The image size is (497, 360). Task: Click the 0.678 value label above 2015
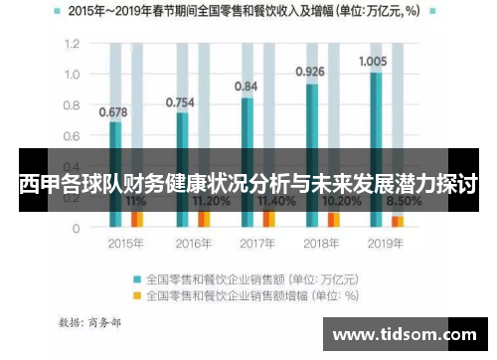tap(113, 111)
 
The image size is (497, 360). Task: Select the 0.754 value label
tap(180, 102)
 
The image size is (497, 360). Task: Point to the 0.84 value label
tap(246, 87)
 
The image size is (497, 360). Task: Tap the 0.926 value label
tap(310, 72)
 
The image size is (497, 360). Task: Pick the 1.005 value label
tap(373, 60)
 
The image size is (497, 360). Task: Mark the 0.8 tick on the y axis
tap(72, 105)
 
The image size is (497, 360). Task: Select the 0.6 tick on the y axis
tap(72, 136)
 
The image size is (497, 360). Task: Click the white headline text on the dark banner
tap(248, 183)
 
